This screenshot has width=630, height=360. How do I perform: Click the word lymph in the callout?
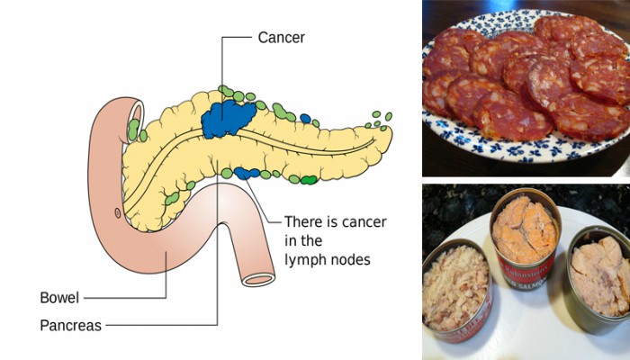click(x=303, y=260)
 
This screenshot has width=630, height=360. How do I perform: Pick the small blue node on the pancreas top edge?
click(x=306, y=118)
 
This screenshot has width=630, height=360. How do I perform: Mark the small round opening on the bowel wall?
click(x=118, y=212)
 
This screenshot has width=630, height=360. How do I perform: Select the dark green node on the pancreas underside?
click(x=309, y=180)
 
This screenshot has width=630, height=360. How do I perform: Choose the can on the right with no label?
click(x=599, y=274)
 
